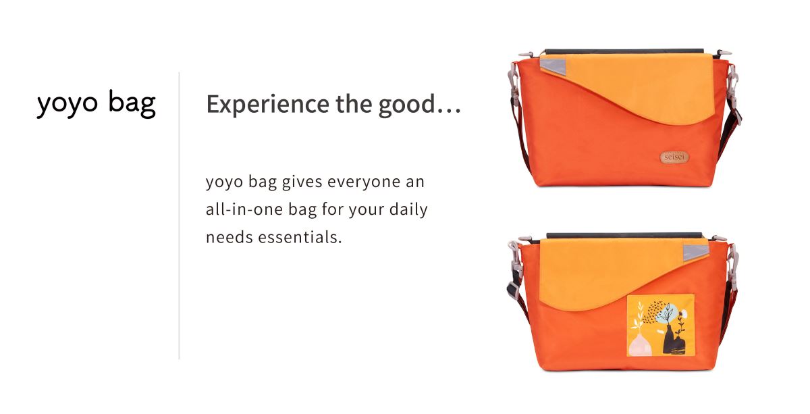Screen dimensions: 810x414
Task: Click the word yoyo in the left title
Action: (x=67, y=105)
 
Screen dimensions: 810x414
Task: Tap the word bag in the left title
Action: (x=132, y=103)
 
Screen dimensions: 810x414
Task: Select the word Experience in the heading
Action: (x=267, y=104)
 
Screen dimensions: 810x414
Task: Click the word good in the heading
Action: (x=406, y=105)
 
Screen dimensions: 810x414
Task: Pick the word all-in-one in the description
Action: (x=244, y=209)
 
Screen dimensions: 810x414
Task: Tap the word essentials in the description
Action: (x=300, y=238)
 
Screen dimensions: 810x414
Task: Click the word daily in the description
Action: (x=408, y=210)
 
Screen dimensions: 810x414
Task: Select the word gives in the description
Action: (x=302, y=182)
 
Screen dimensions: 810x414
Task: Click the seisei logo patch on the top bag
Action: (x=674, y=157)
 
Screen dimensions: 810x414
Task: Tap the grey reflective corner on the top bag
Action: (x=552, y=66)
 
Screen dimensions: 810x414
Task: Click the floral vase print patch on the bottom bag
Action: (x=661, y=326)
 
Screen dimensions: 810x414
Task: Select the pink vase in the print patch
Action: (x=640, y=344)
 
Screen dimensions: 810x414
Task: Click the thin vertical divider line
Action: (x=179, y=215)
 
